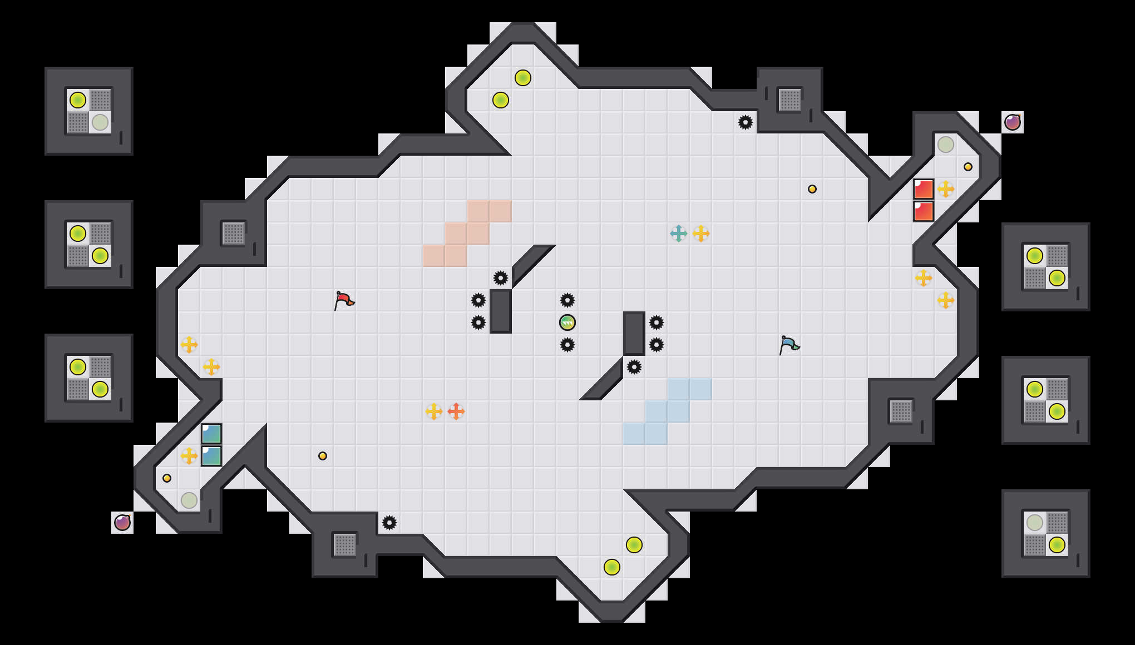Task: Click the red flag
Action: (344, 300)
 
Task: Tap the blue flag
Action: (789, 345)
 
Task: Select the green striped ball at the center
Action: (567, 322)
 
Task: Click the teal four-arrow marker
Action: (679, 234)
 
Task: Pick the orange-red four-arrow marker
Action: (456, 411)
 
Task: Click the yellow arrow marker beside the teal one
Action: (701, 234)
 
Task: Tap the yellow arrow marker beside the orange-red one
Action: (434, 411)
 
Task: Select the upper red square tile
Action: (924, 189)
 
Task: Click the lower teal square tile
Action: (211, 456)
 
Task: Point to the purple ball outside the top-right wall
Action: (1013, 122)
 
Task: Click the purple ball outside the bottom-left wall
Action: (122, 523)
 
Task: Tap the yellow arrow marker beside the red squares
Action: (946, 189)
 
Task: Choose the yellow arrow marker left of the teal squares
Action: (189, 456)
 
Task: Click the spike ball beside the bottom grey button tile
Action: (389, 523)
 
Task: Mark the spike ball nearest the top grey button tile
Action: (746, 122)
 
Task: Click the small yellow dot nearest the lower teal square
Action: (167, 478)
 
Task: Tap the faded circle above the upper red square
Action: (946, 145)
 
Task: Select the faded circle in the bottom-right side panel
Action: (1035, 523)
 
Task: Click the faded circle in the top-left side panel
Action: (100, 122)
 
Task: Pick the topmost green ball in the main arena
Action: (523, 78)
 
